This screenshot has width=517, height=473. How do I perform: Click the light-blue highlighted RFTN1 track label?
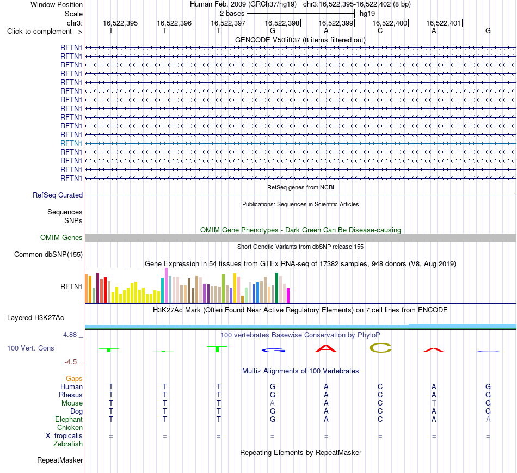pyautogui.click(x=71, y=143)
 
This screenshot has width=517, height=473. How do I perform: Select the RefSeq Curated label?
pyautogui.click(x=58, y=195)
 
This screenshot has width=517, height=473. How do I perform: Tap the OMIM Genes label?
pyautogui.click(x=61, y=237)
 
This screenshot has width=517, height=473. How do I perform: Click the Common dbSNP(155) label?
pyautogui.click(x=48, y=254)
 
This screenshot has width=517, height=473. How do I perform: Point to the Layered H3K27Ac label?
pyautogui.click(x=35, y=318)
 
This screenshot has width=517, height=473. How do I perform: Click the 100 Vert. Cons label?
pyautogui.click(x=30, y=348)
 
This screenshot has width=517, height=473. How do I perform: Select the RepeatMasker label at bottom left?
pyautogui.click(x=60, y=460)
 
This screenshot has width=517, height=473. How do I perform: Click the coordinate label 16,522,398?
pyautogui.click(x=282, y=23)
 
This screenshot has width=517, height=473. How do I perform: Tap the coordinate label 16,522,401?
pyautogui.click(x=444, y=23)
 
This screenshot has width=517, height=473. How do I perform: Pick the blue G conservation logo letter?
pyautogui.click(x=273, y=351)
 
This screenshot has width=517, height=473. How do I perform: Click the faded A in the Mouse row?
pyautogui.click(x=272, y=403)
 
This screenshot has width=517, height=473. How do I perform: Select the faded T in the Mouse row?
pyautogui.click(x=434, y=403)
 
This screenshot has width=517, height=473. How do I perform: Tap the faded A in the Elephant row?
pyautogui.click(x=488, y=419)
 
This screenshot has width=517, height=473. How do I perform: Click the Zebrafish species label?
pyautogui.click(x=68, y=444)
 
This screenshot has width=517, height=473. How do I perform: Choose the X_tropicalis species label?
pyautogui.click(x=64, y=436)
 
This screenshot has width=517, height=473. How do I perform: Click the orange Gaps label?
pyautogui.click(x=74, y=378)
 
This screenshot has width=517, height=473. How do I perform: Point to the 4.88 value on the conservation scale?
pyautogui.click(x=70, y=334)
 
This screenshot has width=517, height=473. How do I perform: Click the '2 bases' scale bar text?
pyautogui.click(x=232, y=14)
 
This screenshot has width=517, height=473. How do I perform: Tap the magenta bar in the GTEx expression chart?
pyautogui.click(x=288, y=296)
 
